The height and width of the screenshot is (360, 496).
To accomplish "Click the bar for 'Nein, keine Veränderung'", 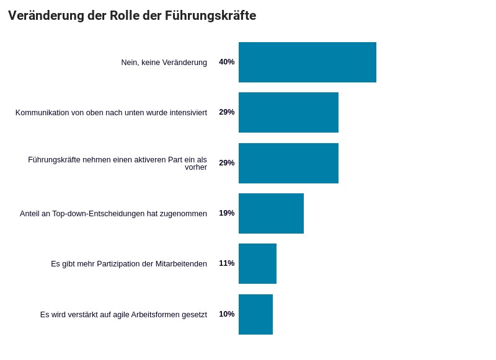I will click(x=307, y=62).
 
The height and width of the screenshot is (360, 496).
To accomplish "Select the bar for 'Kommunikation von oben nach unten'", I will click(x=288, y=112).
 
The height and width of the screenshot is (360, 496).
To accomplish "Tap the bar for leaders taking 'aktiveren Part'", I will click(x=288, y=163).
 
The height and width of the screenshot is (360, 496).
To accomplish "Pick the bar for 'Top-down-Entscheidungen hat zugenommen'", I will click(x=271, y=213).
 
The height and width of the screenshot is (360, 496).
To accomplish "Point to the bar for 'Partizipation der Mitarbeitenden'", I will click(x=257, y=263).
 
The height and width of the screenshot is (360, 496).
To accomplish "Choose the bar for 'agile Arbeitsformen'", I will click(x=255, y=314).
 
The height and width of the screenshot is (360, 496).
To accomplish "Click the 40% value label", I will click(x=226, y=62).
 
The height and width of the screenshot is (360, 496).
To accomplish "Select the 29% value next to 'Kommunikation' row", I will click(x=226, y=112).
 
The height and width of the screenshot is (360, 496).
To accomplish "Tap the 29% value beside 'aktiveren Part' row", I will click(x=226, y=163).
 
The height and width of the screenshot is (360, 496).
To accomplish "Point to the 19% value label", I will click(x=226, y=213).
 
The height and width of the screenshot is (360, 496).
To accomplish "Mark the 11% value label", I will click(x=226, y=263).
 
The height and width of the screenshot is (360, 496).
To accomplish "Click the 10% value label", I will click(x=226, y=314).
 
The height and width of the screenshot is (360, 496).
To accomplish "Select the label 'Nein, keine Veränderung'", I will click(x=164, y=63).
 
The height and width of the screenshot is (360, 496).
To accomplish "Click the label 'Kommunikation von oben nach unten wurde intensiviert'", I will click(x=111, y=113).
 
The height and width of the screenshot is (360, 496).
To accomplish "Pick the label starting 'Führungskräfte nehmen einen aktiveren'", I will click(x=117, y=163).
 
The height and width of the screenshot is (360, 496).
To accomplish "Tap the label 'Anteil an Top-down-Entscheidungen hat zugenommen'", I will click(x=113, y=214).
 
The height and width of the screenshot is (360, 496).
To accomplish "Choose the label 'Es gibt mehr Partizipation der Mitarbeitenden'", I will click(x=129, y=264).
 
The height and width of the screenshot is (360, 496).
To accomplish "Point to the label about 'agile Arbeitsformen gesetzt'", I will click(x=123, y=315).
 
